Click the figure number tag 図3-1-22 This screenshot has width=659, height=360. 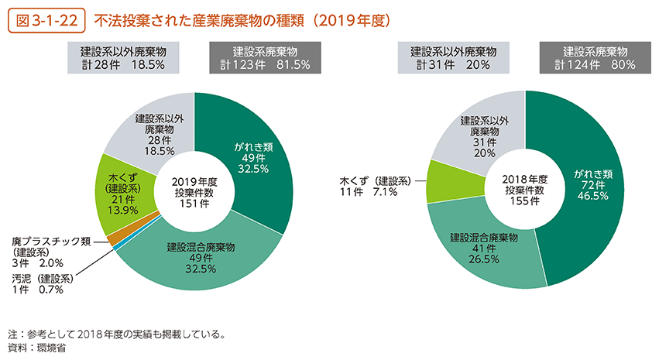point(46,19)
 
